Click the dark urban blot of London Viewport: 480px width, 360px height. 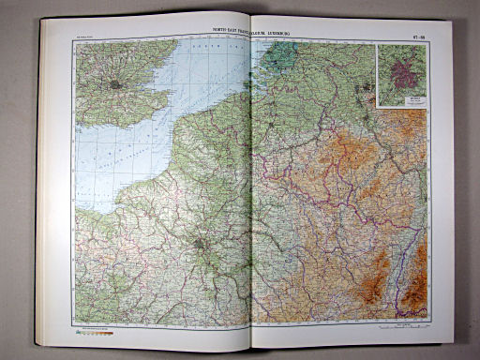click(114, 83)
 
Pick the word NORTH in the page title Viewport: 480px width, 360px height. click(223, 35)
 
